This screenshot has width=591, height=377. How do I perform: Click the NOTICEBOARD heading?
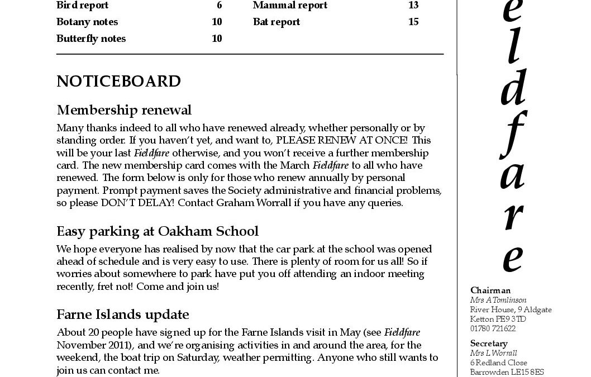118,82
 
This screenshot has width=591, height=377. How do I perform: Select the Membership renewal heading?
124,109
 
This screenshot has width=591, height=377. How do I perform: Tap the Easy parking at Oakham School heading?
158,231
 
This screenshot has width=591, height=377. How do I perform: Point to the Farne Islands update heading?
123,314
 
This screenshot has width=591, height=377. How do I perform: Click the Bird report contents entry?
83,6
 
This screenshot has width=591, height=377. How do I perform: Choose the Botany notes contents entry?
87,22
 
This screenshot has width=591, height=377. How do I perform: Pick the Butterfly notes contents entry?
91,39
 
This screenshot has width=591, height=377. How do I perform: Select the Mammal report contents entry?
290,6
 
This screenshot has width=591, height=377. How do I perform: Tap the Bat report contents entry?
277,22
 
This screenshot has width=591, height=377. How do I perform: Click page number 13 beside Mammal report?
413,6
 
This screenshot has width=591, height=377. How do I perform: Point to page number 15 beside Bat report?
413,22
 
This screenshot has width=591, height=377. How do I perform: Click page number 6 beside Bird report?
220,6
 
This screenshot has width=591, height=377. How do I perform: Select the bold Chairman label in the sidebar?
490,290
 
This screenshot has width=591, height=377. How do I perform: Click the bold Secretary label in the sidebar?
489,343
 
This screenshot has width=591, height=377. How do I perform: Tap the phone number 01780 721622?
493,328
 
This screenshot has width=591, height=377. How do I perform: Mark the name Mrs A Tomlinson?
498,300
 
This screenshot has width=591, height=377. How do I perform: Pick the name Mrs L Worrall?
493,353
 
